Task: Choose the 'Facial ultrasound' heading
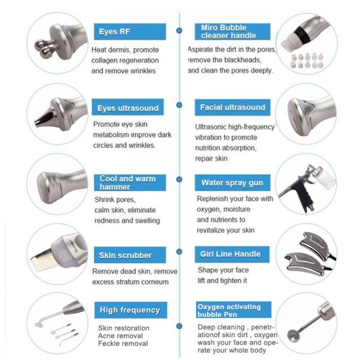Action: pyautogui.click(x=232, y=107)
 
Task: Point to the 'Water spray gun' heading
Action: pyautogui.click(x=232, y=182)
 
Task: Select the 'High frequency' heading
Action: pyautogui.click(x=131, y=310)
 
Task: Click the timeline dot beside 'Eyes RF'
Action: pyautogui.click(x=179, y=31)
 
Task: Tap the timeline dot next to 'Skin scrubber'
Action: pyautogui.click(x=179, y=251)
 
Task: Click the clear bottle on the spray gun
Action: pyautogui.click(x=326, y=178)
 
